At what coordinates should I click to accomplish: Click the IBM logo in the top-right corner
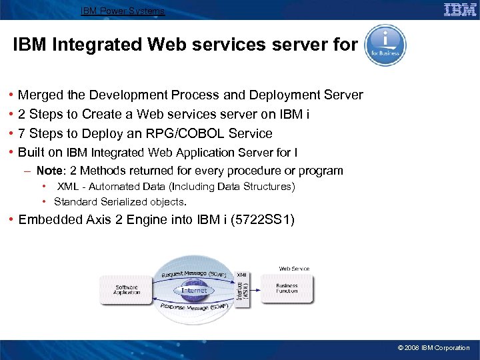point(460,10)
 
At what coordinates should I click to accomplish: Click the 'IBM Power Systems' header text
point(123,11)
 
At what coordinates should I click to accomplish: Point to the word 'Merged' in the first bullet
point(40,95)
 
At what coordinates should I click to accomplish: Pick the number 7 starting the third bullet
point(22,133)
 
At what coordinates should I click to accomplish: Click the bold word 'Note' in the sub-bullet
point(49,171)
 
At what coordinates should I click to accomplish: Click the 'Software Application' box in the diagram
point(127,289)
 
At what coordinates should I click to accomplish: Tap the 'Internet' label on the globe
point(194,290)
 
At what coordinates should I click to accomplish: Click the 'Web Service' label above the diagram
point(294,269)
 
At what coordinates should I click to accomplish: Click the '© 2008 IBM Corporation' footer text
point(433,348)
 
